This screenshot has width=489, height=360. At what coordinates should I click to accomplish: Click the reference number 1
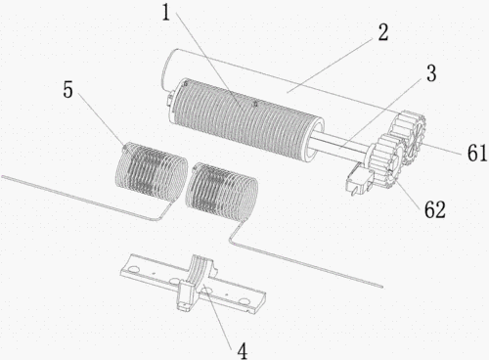166,14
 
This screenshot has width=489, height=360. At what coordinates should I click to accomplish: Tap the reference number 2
383,33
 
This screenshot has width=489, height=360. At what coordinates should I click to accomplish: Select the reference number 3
431,72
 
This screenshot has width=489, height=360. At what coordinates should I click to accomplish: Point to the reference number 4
243,351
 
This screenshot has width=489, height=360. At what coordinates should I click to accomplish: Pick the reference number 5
67,89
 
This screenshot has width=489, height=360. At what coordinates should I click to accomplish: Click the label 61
477,153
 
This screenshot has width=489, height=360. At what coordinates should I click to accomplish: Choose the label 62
434,209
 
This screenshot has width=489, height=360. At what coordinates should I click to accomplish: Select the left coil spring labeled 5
152,170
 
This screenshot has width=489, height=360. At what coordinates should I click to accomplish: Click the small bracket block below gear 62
359,178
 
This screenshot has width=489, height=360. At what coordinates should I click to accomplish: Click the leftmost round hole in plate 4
133,269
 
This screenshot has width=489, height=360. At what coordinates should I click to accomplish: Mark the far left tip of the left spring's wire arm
3,176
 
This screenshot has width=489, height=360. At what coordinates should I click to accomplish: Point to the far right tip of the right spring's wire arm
381,287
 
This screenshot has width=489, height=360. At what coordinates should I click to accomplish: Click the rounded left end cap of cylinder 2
169,69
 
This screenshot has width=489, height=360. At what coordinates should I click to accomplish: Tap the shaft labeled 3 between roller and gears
340,144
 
